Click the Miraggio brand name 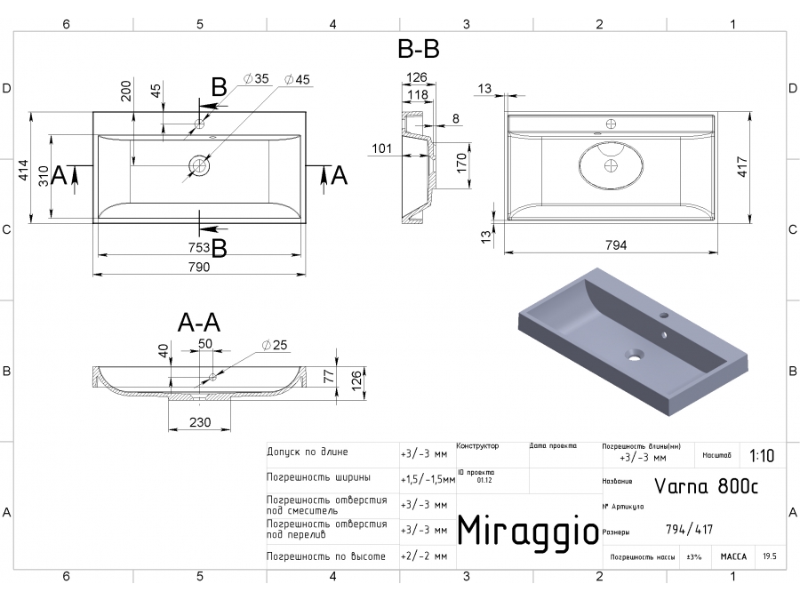tap(527, 531)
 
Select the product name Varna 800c tap(707, 485)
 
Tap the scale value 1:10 tap(762, 456)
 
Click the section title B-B tap(418, 49)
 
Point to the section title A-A tap(198, 322)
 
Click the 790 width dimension tap(198, 267)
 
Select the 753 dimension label tap(198, 247)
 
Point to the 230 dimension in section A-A tap(199, 422)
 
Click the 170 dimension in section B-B tap(460, 162)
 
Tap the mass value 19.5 tap(770, 557)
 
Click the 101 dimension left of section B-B tap(381, 148)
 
